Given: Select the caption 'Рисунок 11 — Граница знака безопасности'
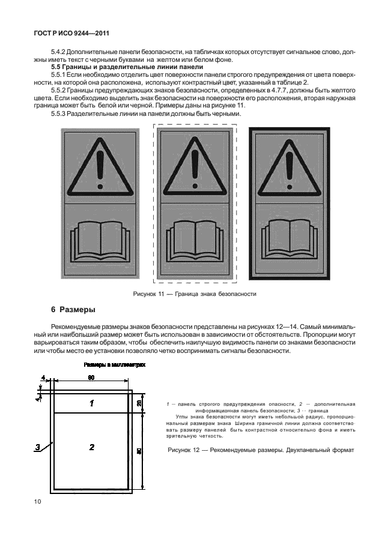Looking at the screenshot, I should pos(194,294).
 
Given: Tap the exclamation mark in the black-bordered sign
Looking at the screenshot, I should pos(289,164).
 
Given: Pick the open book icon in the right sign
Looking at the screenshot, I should pos(289,240).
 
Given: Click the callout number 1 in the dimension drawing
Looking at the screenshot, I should pos(91,403).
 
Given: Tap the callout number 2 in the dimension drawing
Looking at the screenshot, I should pos(91,447).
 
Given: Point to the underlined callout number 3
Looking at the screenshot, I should pos(37,447).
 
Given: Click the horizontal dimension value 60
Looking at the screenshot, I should pos(91,378).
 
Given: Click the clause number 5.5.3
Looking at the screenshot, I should pos(61,113).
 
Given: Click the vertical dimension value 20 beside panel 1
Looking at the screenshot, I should pos(139,403).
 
